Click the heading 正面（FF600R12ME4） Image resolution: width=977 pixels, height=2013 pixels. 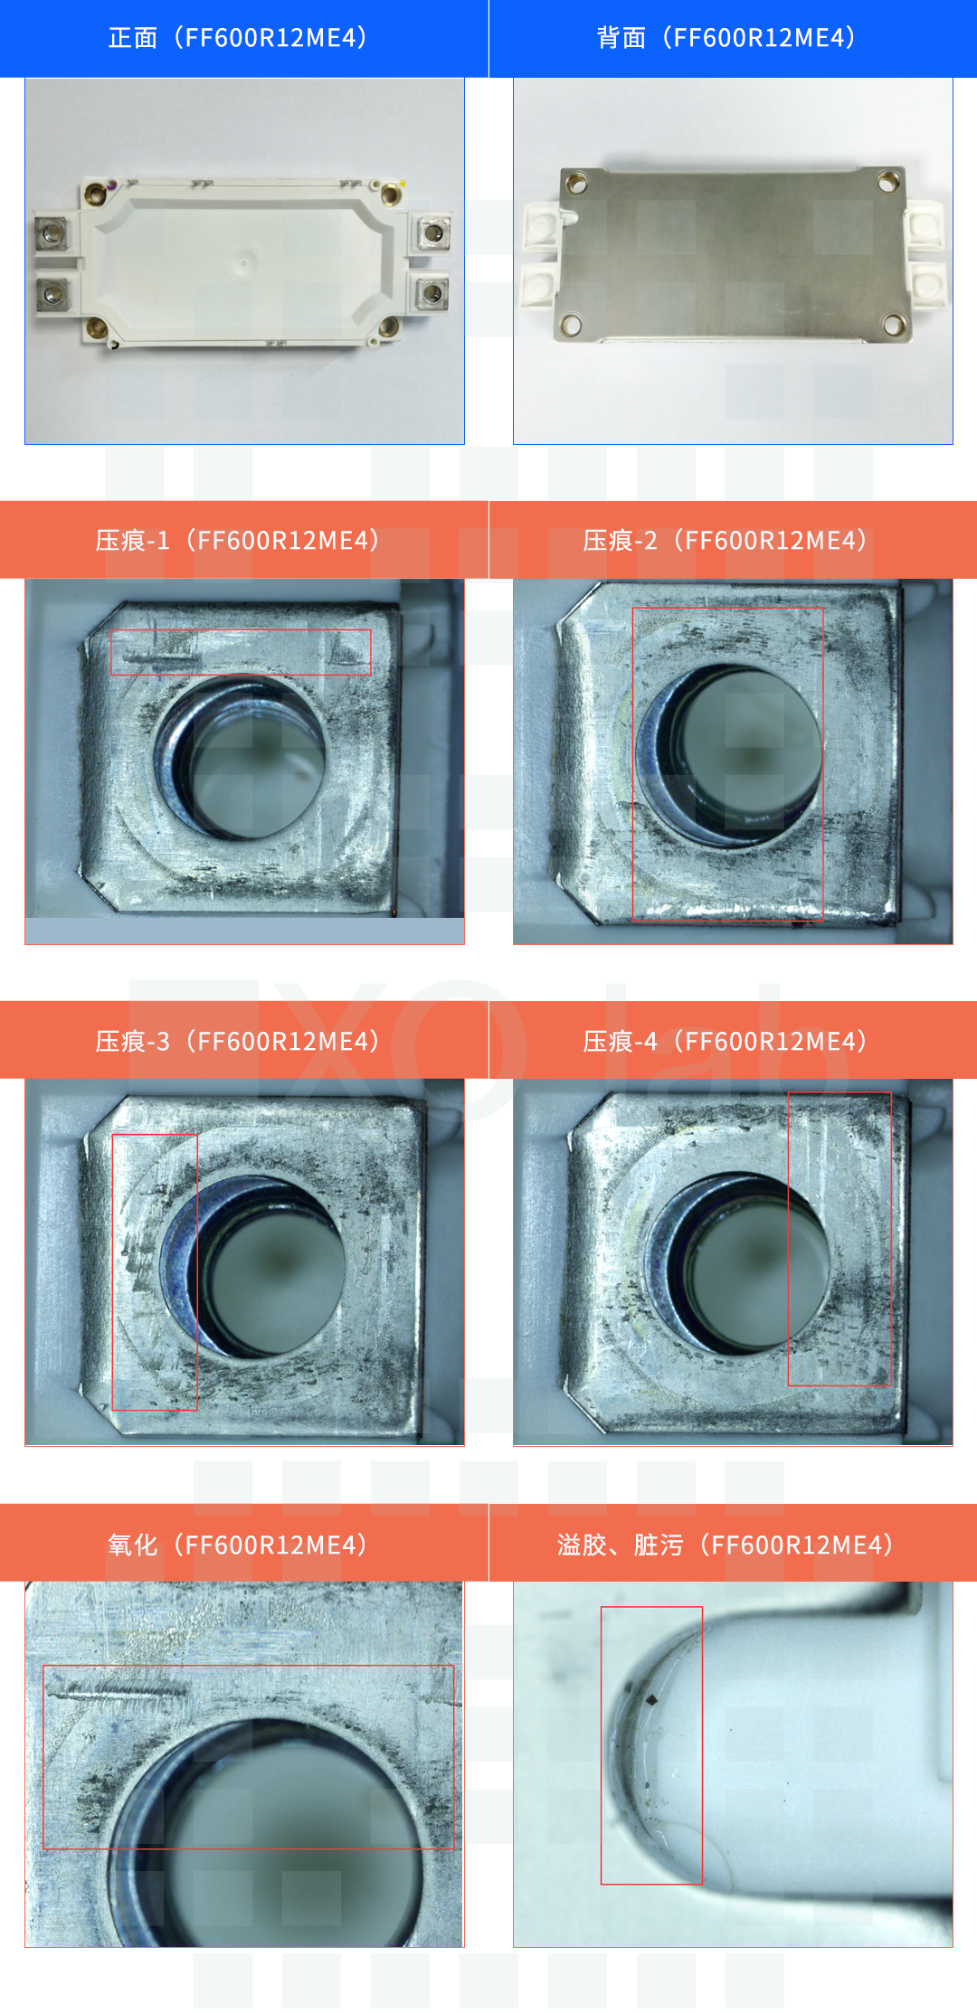(238, 38)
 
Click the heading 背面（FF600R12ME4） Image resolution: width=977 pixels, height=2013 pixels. (726, 38)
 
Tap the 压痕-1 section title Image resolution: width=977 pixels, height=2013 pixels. (238, 541)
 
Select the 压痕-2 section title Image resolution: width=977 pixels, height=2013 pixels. (726, 541)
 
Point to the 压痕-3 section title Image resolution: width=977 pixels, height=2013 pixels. (238, 1042)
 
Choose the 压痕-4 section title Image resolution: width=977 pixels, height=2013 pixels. (726, 1042)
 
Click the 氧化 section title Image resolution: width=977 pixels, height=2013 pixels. (238, 1545)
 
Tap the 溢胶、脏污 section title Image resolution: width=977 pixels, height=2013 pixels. (726, 1545)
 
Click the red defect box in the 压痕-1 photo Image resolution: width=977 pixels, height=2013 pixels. (241, 630)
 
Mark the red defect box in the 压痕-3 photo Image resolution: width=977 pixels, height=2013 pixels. (113, 1271)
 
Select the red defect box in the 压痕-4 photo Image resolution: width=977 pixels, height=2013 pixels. (789, 1239)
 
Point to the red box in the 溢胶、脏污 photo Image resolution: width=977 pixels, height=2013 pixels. (602, 1745)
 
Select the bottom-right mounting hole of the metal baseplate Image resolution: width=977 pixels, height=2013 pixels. (891, 322)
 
